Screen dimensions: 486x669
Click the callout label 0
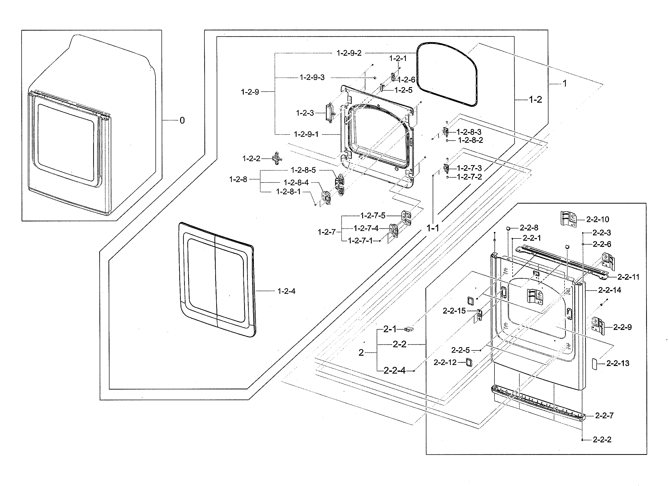pos(182,120)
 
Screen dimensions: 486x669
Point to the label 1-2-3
pos(305,113)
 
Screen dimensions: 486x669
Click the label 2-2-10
pos(598,219)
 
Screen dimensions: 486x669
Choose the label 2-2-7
pos(604,415)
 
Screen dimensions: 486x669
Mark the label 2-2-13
pos(618,363)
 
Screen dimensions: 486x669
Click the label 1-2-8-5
pos(303,170)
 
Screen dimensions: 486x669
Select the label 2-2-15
pos(454,311)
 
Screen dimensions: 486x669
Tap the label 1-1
pos(433,228)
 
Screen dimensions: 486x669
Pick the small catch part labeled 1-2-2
pos(276,158)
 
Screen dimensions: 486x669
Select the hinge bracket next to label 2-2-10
pos(568,219)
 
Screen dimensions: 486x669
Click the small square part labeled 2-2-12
pos(469,362)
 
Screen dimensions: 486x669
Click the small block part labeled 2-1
pos(409,329)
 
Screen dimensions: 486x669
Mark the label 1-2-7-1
pos(360,241)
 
